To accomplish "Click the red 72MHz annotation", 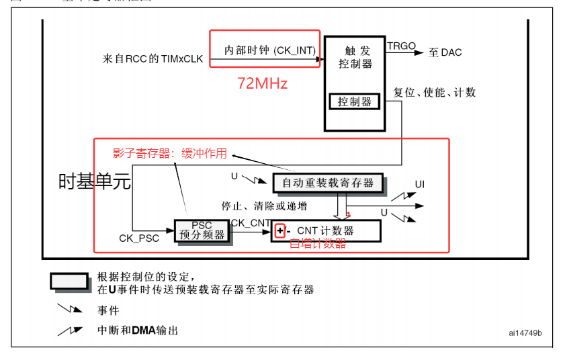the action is (x=262, y=84).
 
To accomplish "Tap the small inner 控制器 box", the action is (x=355, y=102).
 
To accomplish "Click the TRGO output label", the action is (x=401, y=46).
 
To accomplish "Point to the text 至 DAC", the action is (x=445, y=52).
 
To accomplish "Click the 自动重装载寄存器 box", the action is (x=328, y=183).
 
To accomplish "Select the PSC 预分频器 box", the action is (x=202, y=230).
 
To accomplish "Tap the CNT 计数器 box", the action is (x=327, y=230).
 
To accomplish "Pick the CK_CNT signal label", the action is (x=251, y=222).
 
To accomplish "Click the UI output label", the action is (x=419, y=184).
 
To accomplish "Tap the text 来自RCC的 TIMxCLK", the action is (x=153, y=59).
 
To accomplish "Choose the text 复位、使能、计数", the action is (x=435, y=92).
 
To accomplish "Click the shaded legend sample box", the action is (x=69, y=281).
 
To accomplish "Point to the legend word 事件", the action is (x=108, y=310).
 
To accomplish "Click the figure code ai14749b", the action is (x=525, y=332).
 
